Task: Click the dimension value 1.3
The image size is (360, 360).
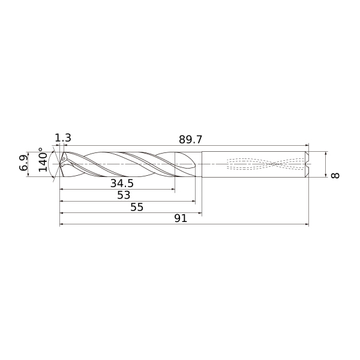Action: click(63, 138)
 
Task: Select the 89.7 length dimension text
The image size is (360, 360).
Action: click(190, 139)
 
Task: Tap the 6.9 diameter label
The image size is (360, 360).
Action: click(23, 163)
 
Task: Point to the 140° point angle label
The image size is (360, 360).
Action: click(43, 160)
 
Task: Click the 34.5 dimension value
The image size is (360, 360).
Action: click(122, 183)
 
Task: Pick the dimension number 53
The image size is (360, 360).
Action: click(124, 195)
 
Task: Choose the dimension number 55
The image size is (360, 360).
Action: click(137, 207)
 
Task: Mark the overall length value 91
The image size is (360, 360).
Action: click(181, 218)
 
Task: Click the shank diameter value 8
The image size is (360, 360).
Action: click(335, 176)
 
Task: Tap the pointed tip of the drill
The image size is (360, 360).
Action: click(59, 164)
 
